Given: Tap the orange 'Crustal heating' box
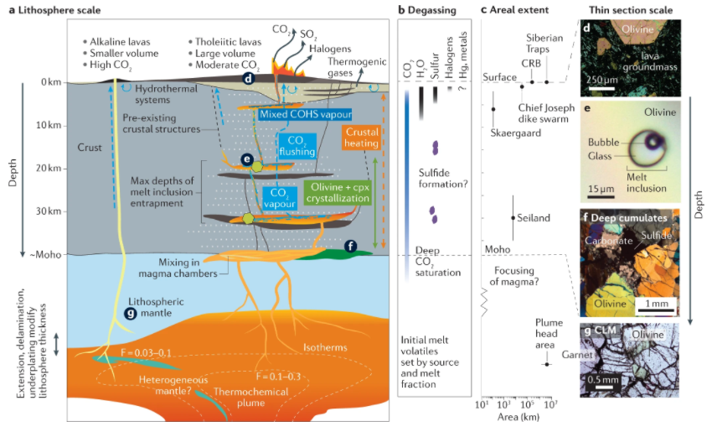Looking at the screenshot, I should [x=362, y=139].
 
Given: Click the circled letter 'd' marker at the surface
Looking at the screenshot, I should [x=248, y=78].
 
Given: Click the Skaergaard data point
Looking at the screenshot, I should [x=493, y=109].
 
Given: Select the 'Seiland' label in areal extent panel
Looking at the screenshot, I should [x=534, y=218].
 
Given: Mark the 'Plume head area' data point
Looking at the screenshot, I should [x=547, y=364].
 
